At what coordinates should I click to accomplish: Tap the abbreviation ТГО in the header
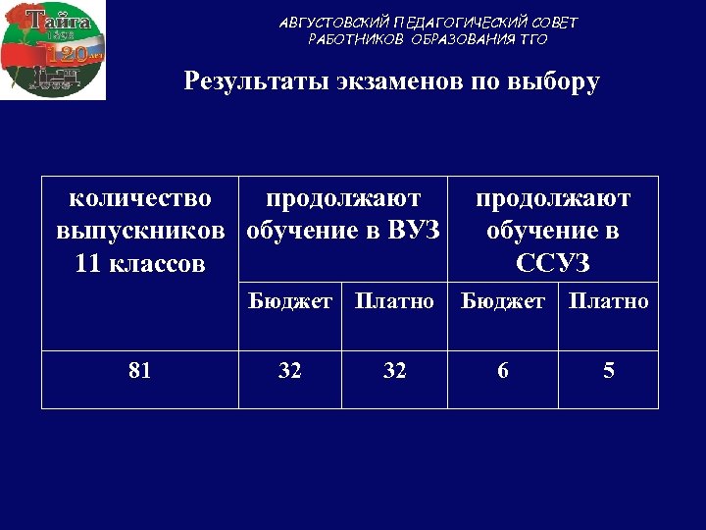530,40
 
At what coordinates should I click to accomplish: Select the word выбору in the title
554,81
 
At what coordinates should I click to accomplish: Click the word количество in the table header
140,199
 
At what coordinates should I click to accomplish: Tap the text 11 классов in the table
140,264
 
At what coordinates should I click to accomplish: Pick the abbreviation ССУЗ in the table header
552,264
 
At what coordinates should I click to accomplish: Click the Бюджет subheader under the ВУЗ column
289,301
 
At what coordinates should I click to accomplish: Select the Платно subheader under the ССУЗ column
609,301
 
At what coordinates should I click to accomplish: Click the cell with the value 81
140,371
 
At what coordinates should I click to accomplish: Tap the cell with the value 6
502,371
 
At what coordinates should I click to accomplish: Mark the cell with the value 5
609,371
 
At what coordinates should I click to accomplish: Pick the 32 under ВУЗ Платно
394,371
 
